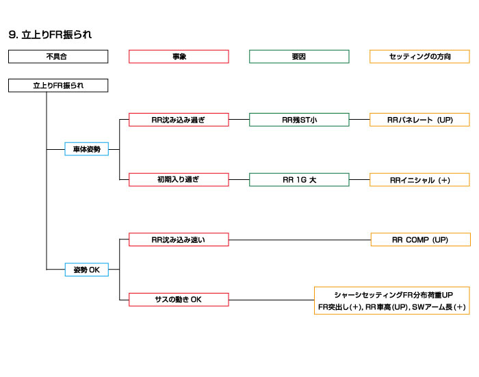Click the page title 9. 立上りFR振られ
tap(50, 34)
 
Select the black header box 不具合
tap(58, 57)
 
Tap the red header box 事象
tap(179, 57)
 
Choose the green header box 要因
tap(299, 57)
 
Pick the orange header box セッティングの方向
tap(419, 57)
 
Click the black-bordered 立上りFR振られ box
tap(58, 86)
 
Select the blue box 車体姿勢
tap(87, 149)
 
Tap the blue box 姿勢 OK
tap(87, 270)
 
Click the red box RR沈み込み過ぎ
tap(179, 120)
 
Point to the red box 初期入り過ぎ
tap(179, 180)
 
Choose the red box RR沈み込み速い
tap(179, 239)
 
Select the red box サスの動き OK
tap(179, 300)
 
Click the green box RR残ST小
tap(299, 120)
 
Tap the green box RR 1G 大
tap(299, 180)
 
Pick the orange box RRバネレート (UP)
tap(419, 120)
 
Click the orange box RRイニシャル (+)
tap(419, 180)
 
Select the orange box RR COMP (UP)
tap(421, 239)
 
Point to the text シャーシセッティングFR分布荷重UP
tap(393, 295)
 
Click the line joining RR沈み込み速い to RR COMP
tap(300, 239)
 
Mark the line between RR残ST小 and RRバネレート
tap(359, 120)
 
